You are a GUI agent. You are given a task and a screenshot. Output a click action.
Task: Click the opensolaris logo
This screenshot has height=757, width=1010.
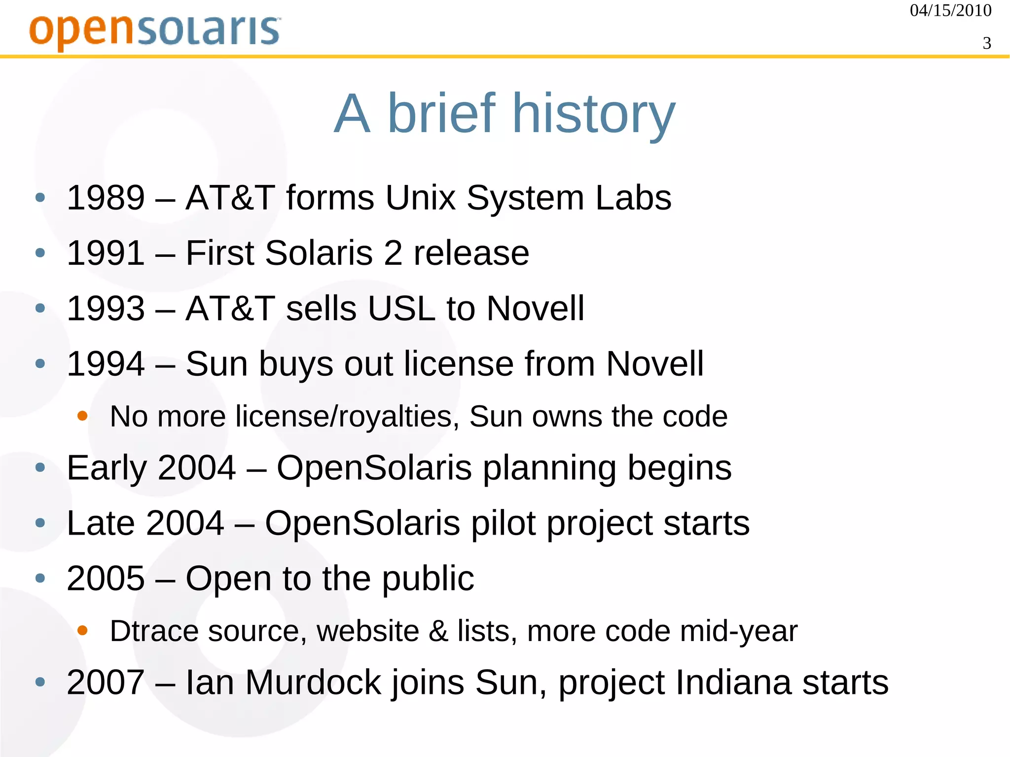point(155,31)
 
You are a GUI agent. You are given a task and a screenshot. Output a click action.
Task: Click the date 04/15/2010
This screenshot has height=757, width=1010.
point(950,10)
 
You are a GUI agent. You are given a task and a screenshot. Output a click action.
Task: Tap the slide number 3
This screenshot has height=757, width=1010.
point(986,43)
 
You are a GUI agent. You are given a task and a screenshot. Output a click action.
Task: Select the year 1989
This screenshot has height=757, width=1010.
point(106,198)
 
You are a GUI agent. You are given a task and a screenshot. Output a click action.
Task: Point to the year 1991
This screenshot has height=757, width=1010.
point(106,253)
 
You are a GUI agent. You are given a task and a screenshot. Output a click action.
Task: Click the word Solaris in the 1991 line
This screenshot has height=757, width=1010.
point(319,253)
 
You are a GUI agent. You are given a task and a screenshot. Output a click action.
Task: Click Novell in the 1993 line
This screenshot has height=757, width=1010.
point(535,309)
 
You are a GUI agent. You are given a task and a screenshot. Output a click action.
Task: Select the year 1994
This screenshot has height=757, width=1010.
point(106,364)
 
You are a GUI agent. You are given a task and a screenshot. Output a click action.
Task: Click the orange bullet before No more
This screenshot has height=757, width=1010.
point(82,416)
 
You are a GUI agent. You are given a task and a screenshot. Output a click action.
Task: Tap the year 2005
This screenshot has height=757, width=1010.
point(106,578)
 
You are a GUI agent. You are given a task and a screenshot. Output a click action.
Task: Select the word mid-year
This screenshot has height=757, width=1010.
point(738,632)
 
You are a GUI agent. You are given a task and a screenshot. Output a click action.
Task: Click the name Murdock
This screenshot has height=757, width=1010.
point(313,683)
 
